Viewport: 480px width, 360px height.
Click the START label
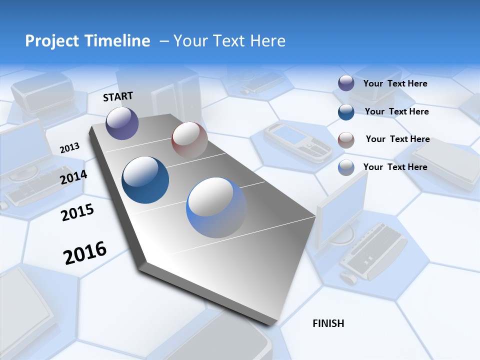click(x=118, y=96)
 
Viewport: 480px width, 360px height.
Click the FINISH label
click(x=328, y=323)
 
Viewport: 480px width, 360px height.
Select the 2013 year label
click(x=69, y=147)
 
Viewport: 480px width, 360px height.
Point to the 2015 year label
click(x=77, y=212)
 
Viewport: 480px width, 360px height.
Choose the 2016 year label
click(x=85, y=252)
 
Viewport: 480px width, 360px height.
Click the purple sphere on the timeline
click(x=122, y=123)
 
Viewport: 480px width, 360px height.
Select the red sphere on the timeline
click(x=189, y=139)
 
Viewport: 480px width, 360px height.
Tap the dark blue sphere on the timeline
click(x=145, y=180)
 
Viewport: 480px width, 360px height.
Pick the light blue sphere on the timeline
click(x=216, y=207)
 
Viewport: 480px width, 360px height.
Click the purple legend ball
click(x=346, y=83)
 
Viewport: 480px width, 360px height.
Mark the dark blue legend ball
click(x=346, y=111)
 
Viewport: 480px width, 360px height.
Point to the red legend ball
click(x=346, y=139)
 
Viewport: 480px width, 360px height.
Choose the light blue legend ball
click(x=346, y=167)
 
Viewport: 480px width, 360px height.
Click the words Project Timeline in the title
click(x=87, y=41)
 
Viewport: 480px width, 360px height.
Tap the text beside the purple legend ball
click(x=395, y=83)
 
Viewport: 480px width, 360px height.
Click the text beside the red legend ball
click(x=397, y=139)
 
